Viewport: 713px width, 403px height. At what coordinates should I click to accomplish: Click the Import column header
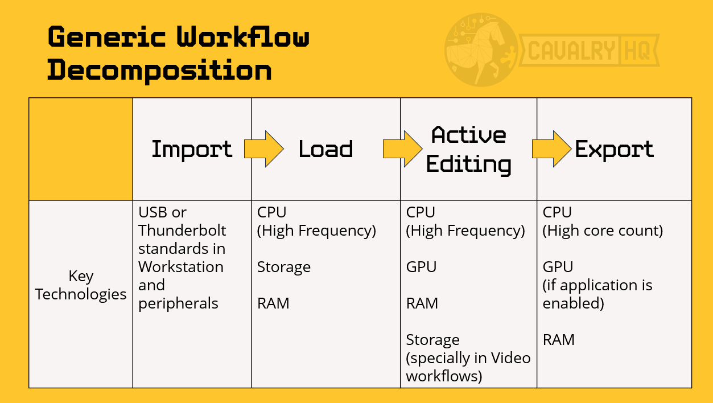[192, 149]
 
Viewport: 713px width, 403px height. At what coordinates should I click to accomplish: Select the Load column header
[325, 149]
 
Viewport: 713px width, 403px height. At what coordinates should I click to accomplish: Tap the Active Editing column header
[468, 149]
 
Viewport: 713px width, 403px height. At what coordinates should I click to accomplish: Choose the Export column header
[614, 149]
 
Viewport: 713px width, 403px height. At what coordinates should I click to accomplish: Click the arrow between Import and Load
[263, 149]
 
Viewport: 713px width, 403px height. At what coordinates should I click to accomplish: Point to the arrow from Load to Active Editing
[402, 149]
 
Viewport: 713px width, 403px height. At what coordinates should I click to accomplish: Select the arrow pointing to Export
[551, 149]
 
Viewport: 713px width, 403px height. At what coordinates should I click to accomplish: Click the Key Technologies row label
[81, 285]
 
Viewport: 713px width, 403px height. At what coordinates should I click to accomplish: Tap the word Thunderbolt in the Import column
[182, 231]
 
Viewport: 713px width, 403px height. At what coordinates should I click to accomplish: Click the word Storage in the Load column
[283, 267]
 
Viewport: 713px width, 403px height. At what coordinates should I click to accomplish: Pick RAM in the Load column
[273, 303]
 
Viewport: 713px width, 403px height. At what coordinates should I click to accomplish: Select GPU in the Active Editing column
[421, 267]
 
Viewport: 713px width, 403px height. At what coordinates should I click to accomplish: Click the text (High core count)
[603, 231]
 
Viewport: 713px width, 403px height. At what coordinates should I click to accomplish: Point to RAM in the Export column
[558, 340]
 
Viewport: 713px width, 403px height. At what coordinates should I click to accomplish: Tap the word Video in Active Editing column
[510, 358]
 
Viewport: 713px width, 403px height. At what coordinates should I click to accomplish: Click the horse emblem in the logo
[481, 50]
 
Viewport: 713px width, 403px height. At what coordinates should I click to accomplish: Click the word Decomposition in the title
[159, 71]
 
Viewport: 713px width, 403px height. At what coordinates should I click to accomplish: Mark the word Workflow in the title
[243, 38]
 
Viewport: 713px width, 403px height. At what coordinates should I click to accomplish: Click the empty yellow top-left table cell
[81, 149]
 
